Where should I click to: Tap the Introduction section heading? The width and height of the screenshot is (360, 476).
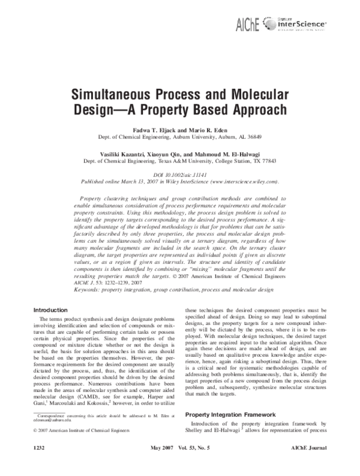tap(50, 276)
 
